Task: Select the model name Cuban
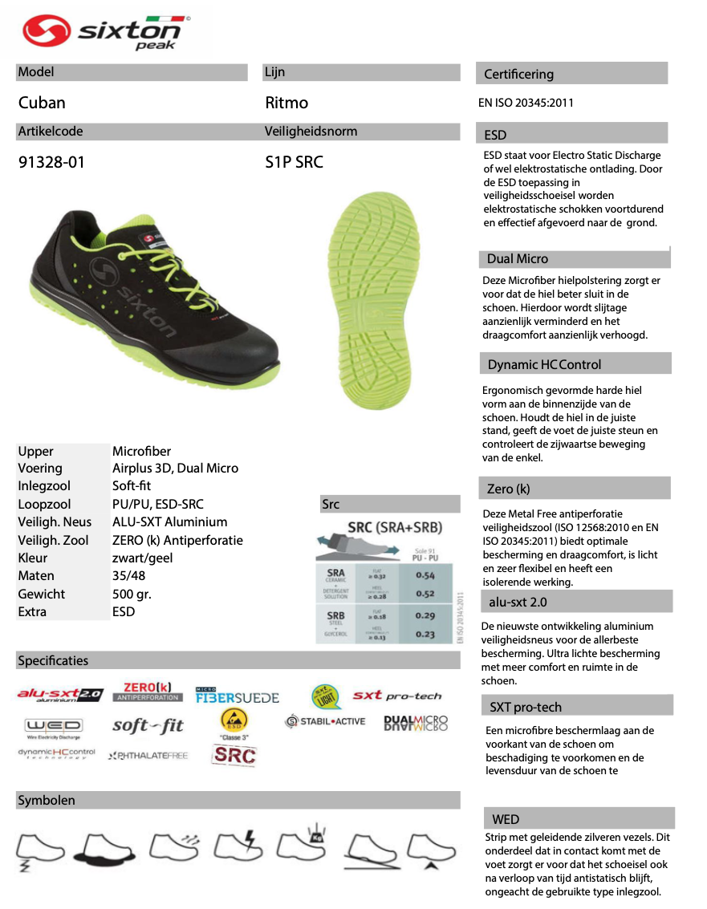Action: pos(42,103)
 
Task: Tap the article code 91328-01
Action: pos(51,162)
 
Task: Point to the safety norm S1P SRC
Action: pos(294,162)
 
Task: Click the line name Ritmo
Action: pos(286,103)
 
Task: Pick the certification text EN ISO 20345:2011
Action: pos(526,103)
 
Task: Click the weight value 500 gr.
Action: pos(132,594)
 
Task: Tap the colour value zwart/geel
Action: pos(142,558)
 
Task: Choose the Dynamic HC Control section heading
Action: pos(544,364)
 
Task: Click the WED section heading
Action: pos(506,819)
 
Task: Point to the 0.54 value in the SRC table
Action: pos(425,575)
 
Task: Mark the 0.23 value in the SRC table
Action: pos(425,634)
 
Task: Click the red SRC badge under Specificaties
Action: pos(234,755)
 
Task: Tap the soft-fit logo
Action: pos(148,726)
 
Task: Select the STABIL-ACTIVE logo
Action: pos(325,721)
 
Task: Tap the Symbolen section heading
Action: pos(47,801)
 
